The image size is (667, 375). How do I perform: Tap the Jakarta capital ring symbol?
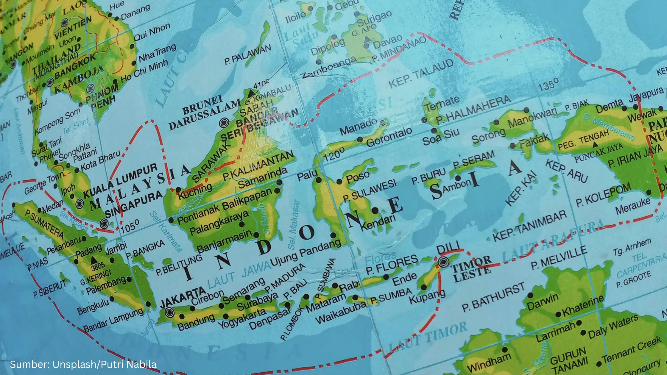170,312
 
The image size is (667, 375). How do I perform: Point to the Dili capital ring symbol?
443,262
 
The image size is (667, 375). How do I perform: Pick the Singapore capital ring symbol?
104,224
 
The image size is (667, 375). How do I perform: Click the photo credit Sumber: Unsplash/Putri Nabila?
83,364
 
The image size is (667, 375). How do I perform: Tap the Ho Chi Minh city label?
144,72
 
